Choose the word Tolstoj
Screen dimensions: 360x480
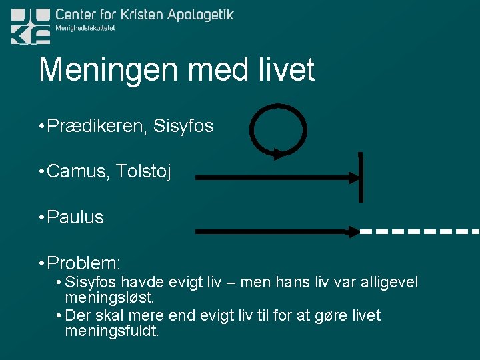coord(143,172)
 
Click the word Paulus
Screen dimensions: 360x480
coord(75,217)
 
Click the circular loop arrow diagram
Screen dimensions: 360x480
coord(278,129)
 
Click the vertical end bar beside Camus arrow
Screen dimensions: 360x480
coord(361,177)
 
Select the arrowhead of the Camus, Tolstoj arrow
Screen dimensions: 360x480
coord(353,178)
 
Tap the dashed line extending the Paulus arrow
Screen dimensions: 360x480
coord(420,232)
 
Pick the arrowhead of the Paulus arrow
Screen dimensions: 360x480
coord(353,232)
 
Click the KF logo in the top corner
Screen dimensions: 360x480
coord(30,26)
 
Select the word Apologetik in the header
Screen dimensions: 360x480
coord(191,15)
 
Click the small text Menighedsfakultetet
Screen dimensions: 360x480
coord(85,28)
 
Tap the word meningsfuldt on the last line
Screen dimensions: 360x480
coord(112,331)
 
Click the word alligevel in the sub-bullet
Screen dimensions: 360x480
coord(390,282)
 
